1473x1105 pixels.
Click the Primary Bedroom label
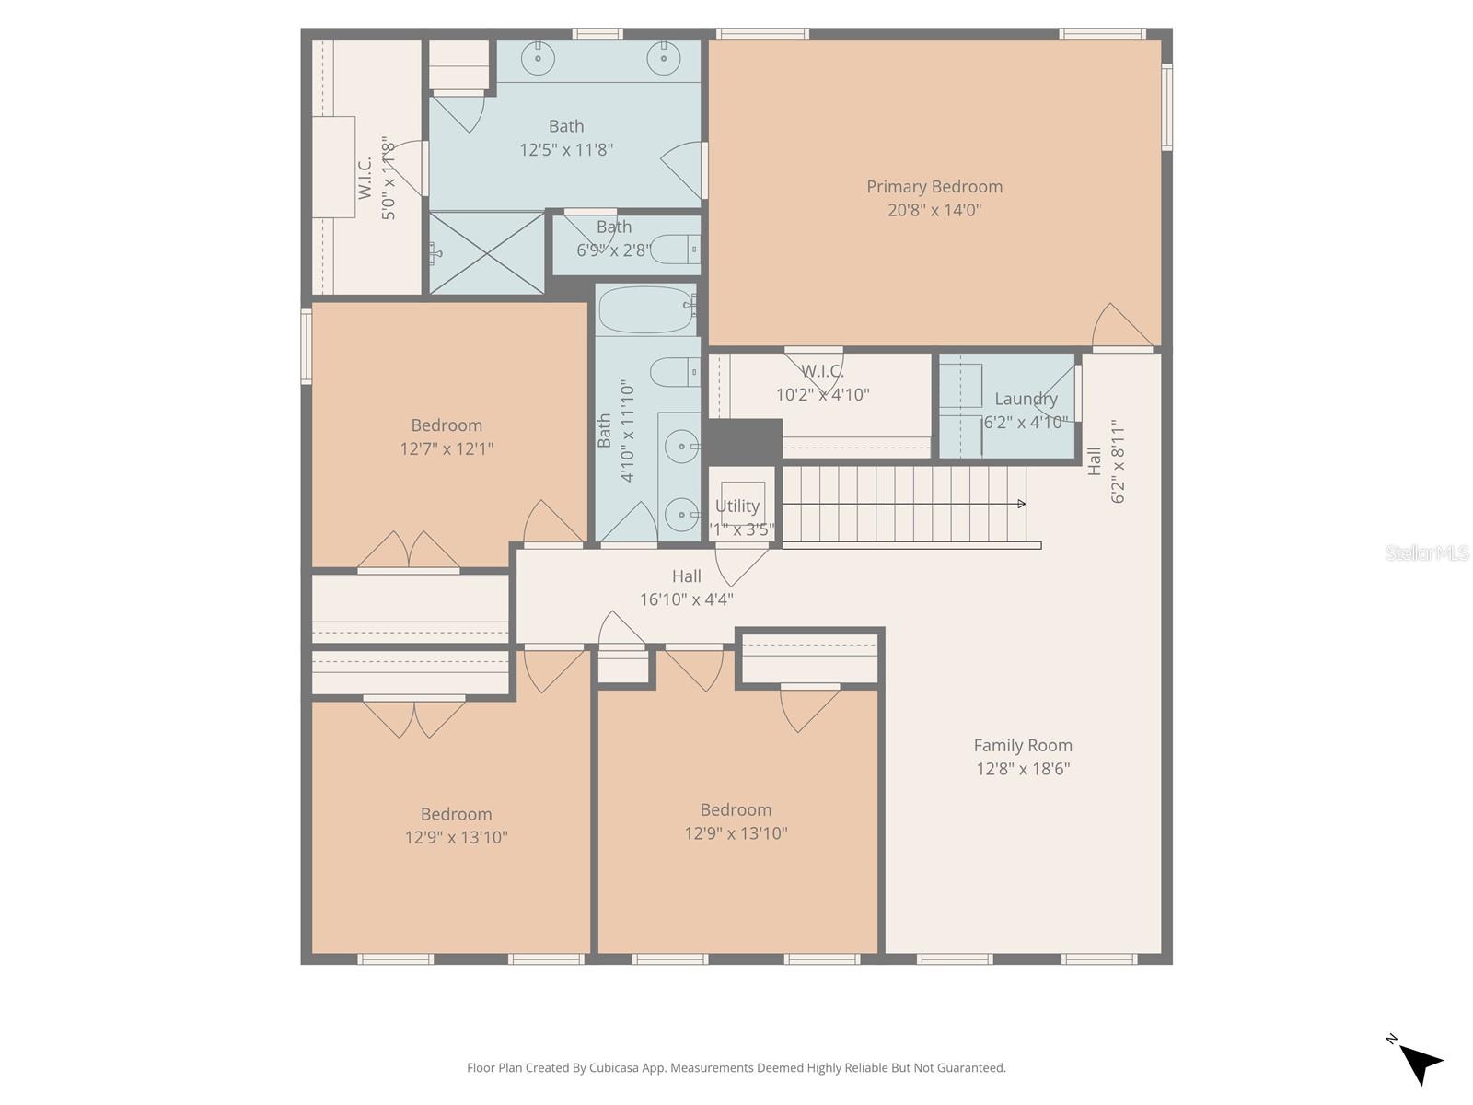point(934,187)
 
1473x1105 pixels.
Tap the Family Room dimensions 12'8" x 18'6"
point(1022,769)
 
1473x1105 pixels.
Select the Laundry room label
point(1026,399)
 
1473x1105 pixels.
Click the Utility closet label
point(737,506)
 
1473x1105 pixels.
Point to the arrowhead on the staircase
point(1021,504)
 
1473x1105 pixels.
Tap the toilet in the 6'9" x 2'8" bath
point(673,249)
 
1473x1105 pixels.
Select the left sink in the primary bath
point(538,59)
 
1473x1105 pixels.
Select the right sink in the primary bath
point(663,59)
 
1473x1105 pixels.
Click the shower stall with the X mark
point(487,253)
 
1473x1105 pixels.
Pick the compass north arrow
point(1420,1064)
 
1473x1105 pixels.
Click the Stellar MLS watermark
point(1426,553)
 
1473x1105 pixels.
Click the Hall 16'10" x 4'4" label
point(686,587)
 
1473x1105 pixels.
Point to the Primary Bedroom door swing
point(1119,328)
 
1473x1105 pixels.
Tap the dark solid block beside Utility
point(744,441)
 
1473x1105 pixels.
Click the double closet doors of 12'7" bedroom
point(409,552)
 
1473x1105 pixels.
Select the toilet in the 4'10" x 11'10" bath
point(673,372)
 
